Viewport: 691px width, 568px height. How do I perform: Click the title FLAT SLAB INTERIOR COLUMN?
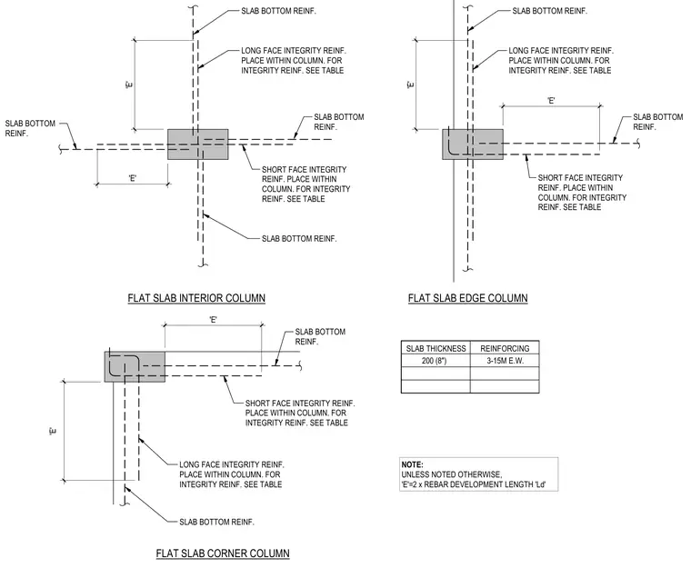[196, 298]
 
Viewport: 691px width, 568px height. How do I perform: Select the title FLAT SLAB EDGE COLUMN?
[467, 298]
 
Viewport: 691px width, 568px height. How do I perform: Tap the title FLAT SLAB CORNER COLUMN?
[223, 553]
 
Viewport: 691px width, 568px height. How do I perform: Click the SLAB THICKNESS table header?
[436, 349]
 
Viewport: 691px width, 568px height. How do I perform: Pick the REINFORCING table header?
[505, 349]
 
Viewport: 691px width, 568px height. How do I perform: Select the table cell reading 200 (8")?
[434, 361]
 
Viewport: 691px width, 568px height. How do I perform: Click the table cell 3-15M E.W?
[505, 361]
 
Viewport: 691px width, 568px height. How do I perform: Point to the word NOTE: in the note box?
[412, 464]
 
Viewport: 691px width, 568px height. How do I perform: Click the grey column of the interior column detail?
[198, 144]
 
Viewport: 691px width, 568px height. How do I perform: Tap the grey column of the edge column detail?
[473, 144]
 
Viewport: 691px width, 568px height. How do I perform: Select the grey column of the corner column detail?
[135, 366]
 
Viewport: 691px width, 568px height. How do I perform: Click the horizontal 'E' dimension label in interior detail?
[133, 178]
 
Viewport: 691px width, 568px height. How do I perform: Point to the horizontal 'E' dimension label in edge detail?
[551, 101]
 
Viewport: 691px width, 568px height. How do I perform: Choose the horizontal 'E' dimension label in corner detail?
[214, 320]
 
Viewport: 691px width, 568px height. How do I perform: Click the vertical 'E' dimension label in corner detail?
[53, 431]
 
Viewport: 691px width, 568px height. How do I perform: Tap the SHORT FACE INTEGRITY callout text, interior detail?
[305, 184]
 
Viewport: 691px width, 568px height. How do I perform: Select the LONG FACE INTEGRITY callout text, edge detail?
[561, 60]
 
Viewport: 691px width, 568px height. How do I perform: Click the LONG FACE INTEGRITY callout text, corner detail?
[231, 474]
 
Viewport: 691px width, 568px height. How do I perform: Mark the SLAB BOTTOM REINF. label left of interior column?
[30, 128]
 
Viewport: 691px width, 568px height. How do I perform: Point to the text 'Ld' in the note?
[540, 484]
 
